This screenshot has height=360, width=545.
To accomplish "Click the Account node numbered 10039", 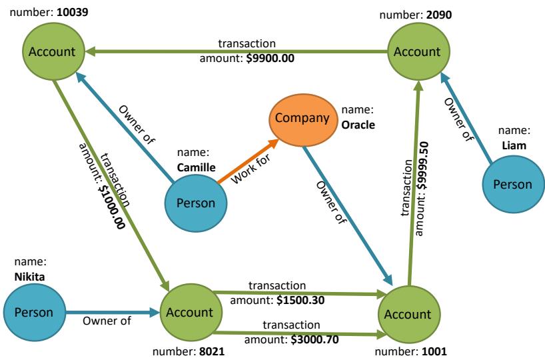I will (53, 51).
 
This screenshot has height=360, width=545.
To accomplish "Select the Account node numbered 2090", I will (416, 51).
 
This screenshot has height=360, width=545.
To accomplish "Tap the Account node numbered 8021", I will (189, 312).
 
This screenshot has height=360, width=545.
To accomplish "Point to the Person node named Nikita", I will (34, 312).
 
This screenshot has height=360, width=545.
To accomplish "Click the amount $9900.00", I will (271, 59).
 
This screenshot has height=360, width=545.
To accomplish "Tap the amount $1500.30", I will (300, 300).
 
